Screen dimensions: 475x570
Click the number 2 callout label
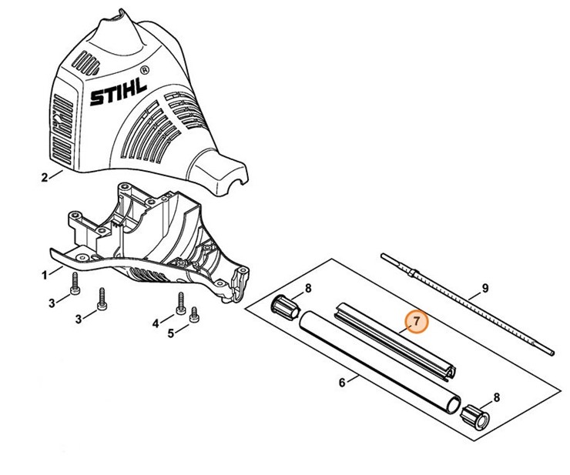[x=43, y=177]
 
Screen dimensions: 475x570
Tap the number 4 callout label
[x=156, y=321]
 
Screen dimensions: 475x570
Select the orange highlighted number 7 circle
[x=416, y=322]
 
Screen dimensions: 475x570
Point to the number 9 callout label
[x=485, y=289]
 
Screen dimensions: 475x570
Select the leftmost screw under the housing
[x=75, y=283]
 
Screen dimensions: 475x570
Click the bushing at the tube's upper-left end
[x=285, y=306]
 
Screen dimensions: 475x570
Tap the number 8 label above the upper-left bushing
[x=307, y=288]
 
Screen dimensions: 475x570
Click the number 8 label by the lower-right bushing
[x=496, y=396]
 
